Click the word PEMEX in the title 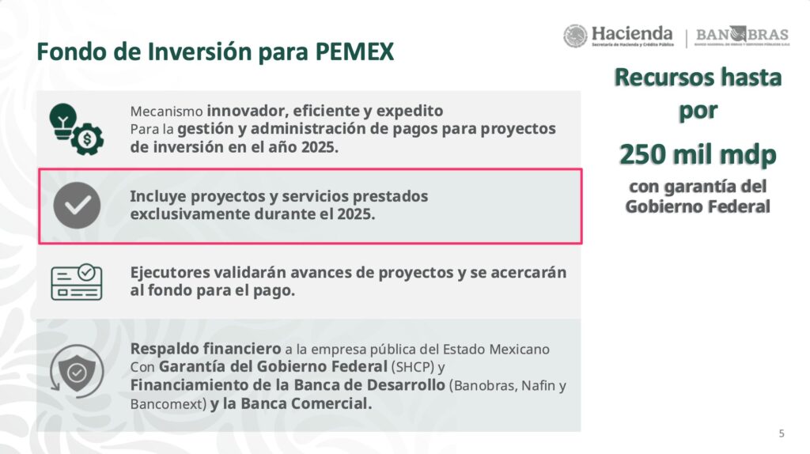point(354,51)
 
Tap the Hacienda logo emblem point(575,36)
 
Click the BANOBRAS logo point(742,36)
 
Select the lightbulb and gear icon point(77,129)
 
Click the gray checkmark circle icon point(77,206)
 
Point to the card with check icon point(77,282)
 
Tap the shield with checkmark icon point(77,372)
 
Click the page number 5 point(782,433)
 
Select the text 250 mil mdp point(698,154)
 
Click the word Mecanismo point(166,112)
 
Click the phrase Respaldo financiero point(206,349)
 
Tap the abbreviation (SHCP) point(413,367)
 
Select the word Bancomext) point(168,404)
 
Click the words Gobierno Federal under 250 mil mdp point(698,206)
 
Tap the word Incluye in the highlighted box point(158,197)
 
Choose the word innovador point(248,111)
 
